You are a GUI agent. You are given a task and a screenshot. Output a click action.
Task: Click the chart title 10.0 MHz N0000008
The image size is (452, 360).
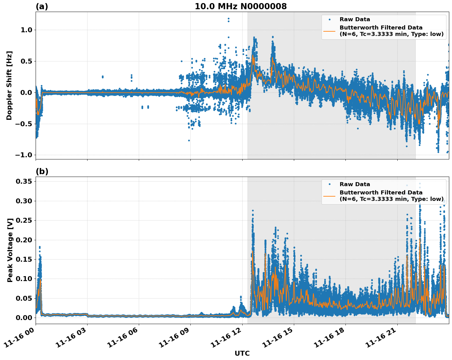click(x=240, y=6)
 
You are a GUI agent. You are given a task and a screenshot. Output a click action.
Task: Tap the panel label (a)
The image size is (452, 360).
click(x=42, y=6)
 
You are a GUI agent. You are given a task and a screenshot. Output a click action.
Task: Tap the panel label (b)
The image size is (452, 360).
click(x=42, y=171)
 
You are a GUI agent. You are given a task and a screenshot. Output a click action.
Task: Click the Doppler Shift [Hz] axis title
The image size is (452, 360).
click(x=9, y=85)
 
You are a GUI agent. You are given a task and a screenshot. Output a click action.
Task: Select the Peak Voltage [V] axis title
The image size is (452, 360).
click(x=10, y=250)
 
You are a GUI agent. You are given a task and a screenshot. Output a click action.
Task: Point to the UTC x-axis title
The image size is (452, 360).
click(x=242, y=353)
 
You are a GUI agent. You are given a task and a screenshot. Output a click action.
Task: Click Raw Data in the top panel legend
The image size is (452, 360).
click(x=355, y=19)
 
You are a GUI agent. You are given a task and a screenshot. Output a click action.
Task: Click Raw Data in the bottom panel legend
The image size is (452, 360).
click(x=355, y=184)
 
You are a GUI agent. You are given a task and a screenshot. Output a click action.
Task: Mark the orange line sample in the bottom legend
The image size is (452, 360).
click(x=329, y=196)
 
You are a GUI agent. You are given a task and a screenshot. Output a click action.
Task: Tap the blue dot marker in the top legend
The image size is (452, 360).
click(x=329, y=19)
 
